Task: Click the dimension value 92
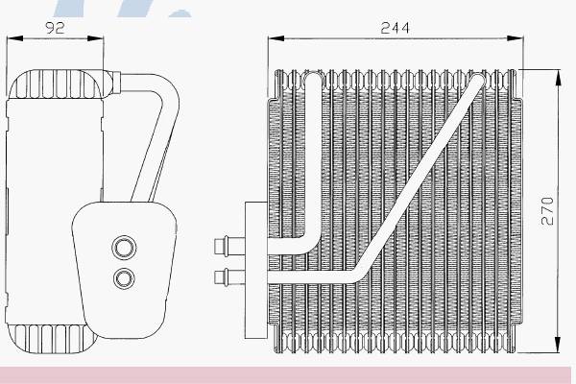coord(55,28)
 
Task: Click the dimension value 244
coord(395,28)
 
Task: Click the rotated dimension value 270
coord(547,211)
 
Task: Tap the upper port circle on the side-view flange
coord(124,248)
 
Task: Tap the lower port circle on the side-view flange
coord(124,278)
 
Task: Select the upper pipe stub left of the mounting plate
coord(229,246)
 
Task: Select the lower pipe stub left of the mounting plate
coord(229,276)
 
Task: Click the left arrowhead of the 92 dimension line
coord(14,38)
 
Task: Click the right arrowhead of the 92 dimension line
coord(95,38)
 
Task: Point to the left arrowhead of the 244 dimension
coord(276,38)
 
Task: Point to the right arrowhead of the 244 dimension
coord(515,38)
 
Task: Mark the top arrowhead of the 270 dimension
coord(558,78)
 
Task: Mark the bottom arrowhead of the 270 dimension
coord(558,345)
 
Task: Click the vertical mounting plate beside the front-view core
coord(256,270)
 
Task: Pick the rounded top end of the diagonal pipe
coord(477,80)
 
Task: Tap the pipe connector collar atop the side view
coord(115,83)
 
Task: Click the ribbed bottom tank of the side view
coord(52,339)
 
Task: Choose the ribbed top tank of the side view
coord(57,84)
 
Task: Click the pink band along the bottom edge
coord(285,375)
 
